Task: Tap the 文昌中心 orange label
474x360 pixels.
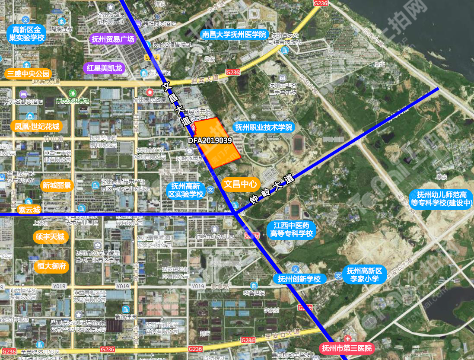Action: click(x=240, y=184)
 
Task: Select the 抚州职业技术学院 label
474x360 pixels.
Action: click(x=263, y=127)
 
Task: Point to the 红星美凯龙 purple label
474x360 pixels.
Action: click(x=105, y=68)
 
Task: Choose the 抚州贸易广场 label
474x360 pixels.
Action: click(x=113, y=39)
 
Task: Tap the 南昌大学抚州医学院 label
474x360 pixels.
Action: click(x=234, y=34)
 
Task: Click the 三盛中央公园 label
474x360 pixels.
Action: click(x=28, y=73)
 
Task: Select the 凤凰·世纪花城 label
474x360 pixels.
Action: click(x=37, y=127)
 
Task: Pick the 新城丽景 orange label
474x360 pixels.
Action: click(x=57, y=185)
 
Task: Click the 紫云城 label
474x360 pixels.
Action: click(x=29, y=210)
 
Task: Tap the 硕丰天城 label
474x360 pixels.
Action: click(x=50, y=237)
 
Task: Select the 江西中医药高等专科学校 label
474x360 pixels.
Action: click(x=291, y=229)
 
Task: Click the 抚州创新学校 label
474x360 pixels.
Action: click(x=299, y=279)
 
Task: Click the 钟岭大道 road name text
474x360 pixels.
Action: click(x=271, y=190)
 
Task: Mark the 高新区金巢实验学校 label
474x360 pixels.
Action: click(x=26, y=34)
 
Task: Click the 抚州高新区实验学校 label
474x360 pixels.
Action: click(x=186, y=190)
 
